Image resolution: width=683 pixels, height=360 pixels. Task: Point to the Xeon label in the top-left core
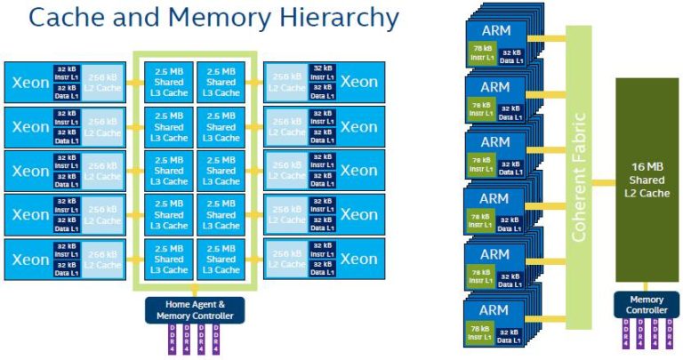coord(30,82)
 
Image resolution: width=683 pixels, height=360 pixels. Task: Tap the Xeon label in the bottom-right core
coord(358,259)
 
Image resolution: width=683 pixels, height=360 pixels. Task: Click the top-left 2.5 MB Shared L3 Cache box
coord(169,82)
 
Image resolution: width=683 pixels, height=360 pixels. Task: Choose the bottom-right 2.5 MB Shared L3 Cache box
coord(221,259)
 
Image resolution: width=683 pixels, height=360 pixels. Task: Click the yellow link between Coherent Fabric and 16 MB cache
coord(603,180)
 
